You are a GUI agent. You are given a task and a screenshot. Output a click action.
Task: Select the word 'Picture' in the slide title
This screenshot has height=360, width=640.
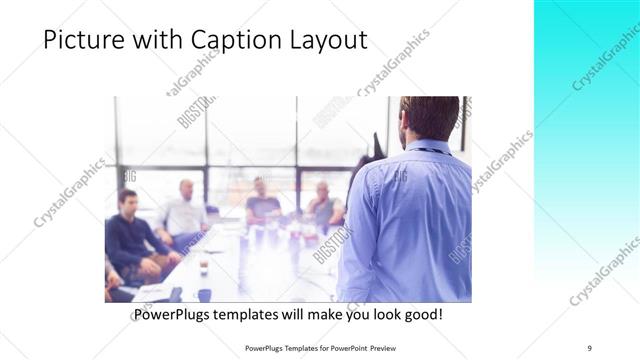pyautogui.click(x=82, y=41)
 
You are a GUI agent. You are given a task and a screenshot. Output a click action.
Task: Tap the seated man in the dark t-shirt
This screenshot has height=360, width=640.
pyautogui.click(x=263, y=205)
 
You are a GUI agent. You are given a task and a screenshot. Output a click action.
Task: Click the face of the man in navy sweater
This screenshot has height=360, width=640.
pyautogui.click(x=127, y=201)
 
